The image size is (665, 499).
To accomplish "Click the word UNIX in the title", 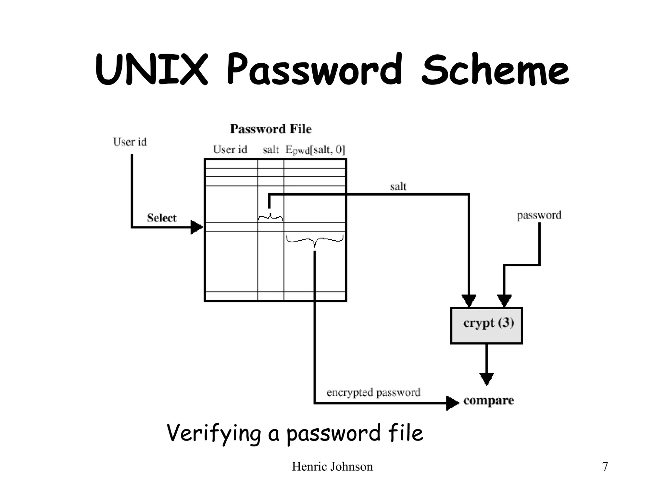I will click(151, 70).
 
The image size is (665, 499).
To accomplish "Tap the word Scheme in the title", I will click(495, 70).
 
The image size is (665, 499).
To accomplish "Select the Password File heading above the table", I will click(271, 129).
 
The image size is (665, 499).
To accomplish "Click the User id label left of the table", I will click(130, 142).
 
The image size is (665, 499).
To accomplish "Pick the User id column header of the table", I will click(230, 150).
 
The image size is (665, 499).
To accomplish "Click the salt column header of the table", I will click(271, 150).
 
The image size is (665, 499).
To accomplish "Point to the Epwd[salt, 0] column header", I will click(315, 150).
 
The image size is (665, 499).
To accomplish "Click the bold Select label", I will click(162, 218).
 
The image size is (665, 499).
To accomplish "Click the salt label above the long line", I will click(398, 187).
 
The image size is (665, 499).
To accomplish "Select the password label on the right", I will click(539, 215).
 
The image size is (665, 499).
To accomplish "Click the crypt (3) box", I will click(486, 326).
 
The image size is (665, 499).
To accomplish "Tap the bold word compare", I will click(488, 401).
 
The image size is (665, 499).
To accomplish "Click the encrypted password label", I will click(373, 392).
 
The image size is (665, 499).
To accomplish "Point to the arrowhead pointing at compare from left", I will click(452, 403).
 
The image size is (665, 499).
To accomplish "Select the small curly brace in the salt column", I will click(270, 217).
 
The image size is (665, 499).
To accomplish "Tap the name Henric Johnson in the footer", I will click(332, 467).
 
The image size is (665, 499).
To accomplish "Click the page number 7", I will click(605, 467).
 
